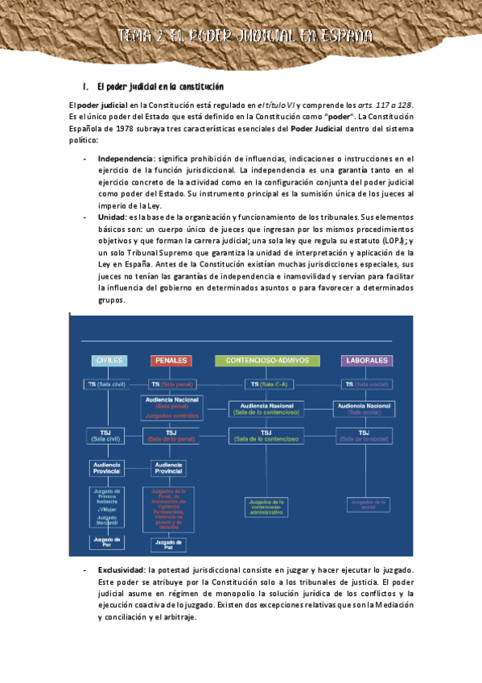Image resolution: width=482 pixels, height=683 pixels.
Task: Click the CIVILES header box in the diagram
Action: pos(109,360)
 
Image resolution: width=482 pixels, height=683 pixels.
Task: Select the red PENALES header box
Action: pos(171,360)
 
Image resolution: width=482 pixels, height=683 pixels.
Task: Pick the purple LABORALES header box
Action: pos(366,360)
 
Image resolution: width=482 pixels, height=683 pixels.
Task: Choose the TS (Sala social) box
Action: pos(366,384)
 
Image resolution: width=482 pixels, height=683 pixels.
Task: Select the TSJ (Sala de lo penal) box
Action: pos(171,436)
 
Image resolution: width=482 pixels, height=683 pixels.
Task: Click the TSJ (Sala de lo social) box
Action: pos(364,436)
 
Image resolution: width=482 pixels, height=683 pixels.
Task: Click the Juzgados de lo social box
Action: pos(364,504)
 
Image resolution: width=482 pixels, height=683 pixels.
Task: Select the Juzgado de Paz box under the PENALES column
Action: pos(168,545)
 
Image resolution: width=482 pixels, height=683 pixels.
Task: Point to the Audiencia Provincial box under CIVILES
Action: pos(105,468)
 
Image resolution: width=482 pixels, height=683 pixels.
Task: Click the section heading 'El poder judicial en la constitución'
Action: pos(159,86)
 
